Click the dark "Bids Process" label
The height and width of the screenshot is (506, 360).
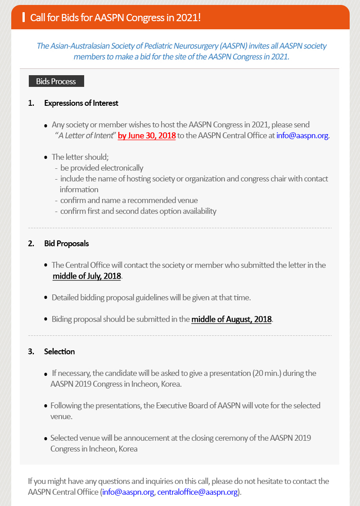(56, 81)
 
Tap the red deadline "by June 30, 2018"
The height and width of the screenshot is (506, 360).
(147, 136)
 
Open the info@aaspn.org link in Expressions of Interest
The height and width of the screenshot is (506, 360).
(302, 136)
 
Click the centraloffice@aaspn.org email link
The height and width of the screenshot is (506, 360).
(198, 492)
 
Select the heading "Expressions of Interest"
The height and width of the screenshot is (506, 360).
(81, 103)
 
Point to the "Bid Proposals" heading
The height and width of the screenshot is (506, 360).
(67, 244)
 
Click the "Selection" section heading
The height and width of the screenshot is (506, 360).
(59, 352)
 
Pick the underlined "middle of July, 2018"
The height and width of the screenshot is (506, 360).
(87, 276)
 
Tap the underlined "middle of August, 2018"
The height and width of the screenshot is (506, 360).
(231, 319)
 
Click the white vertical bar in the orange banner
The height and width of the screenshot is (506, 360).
(23, 18)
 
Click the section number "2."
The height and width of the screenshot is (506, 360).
(31, 244)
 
